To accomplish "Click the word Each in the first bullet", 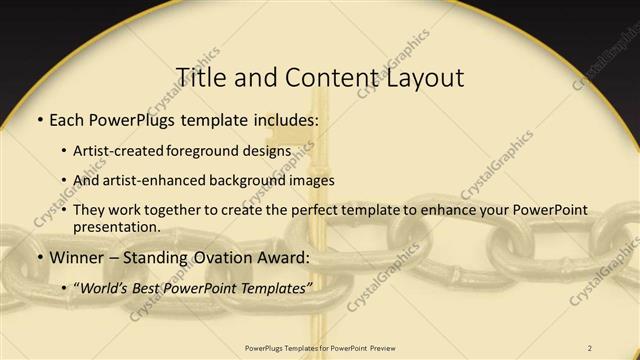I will point(68,121).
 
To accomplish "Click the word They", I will point(89,211).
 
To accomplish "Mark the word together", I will point(164,211).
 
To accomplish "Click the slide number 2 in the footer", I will point(591,348).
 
